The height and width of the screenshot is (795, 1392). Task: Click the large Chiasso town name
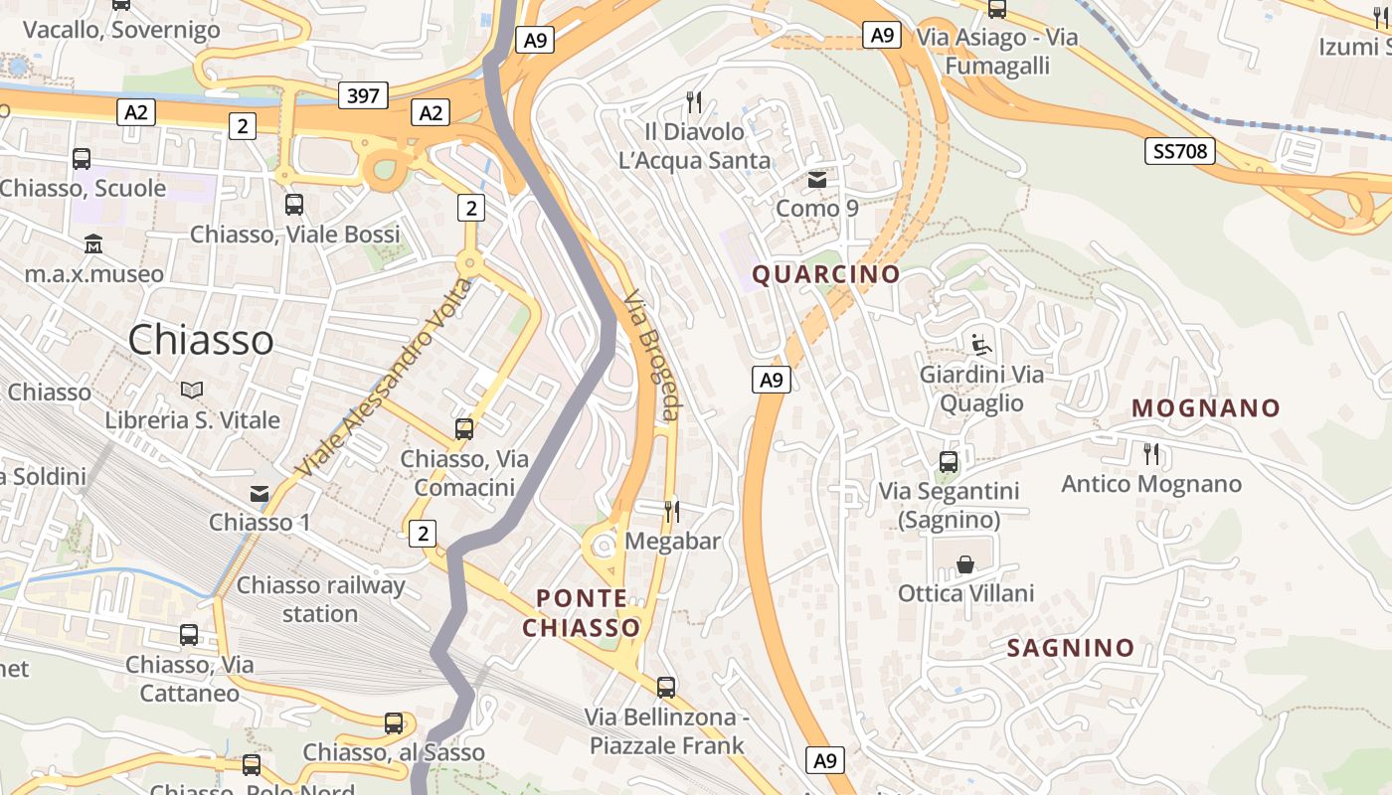[201, 340]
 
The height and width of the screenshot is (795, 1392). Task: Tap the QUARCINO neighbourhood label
[826, 274]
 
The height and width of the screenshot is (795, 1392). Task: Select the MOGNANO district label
[1206, 408]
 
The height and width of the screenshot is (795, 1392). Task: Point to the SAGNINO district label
[1071, 648]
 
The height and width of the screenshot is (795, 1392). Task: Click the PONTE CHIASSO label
[582, 613]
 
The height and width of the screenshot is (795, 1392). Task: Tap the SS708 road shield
[1180, 151]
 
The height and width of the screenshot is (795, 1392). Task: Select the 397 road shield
[363, 95]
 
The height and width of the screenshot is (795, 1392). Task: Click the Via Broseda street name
[652, 355]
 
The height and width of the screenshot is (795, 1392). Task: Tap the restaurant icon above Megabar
[672, 512]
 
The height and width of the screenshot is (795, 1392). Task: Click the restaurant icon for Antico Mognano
[1151, 454]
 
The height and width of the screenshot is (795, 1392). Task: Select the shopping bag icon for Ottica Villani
[965, 564]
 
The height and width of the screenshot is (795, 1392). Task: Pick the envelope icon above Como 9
[817, 180]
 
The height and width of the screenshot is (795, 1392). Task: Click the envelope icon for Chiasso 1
[260, 493]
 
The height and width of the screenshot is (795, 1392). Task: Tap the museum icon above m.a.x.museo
[93, 243]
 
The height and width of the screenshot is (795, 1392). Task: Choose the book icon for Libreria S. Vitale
[193, 391]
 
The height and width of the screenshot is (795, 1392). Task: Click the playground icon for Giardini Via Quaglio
[981, 345]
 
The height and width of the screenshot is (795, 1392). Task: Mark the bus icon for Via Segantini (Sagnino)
[949, 462]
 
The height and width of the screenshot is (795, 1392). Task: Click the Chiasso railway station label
[320, 599]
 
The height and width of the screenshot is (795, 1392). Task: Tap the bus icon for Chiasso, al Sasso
[394, 723]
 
